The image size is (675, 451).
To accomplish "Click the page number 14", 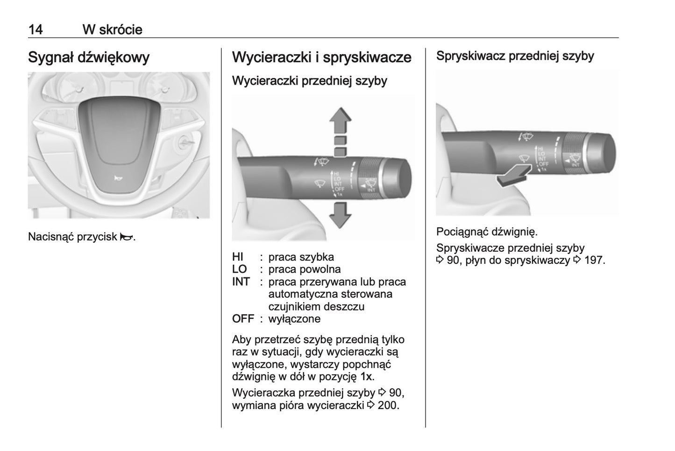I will tap(36, 29).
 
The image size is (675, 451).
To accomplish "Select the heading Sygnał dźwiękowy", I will tap(89, 58).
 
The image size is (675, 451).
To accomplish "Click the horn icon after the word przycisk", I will tap(126, 237).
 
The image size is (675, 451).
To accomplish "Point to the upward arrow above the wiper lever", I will tap(340, 120).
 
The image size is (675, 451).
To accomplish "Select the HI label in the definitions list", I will tap(238, 257).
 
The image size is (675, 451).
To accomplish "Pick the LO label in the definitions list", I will tap(239, 269).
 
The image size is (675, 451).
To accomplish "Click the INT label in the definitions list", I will tap(241, 282).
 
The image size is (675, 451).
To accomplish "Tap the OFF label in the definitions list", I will tap(243, 319).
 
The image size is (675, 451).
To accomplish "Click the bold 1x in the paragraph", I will tap(367, 377).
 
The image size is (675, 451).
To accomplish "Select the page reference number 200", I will tap(388, 405).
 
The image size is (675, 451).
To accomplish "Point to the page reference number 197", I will tap(594, 261).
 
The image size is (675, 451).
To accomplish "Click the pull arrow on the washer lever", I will tap(512, 176).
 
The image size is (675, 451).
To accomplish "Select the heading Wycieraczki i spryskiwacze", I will tap(321, 58).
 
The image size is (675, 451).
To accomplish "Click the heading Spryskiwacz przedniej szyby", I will tap(515, 56).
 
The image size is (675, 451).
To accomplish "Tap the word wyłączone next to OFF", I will tap(294, 319).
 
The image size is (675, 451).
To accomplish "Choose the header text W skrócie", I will tap(112, 29).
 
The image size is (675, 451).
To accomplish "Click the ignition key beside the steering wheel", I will tap(185, 142).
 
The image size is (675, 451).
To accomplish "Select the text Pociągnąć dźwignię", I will tap(487, 232).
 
